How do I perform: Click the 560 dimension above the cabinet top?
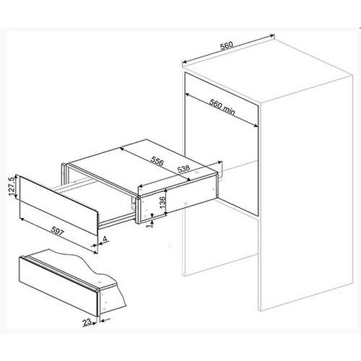click(x=227, y=45)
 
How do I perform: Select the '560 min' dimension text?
click(x=222, y=107)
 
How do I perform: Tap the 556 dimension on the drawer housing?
click(x=157, y=161)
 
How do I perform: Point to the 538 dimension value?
click(x=183, y=169)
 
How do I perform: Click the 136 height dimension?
click(x=162, y=202)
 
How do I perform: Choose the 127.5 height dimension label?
click(x=12, y=187)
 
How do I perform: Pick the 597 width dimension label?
click(x=58, y=231)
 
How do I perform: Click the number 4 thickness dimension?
click(x=105, y=239)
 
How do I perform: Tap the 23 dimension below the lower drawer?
click(x=87, y=322)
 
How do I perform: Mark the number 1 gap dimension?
click(x=149, y=225)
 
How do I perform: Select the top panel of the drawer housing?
click(x=142, y=165)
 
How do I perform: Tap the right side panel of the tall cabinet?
click(x=305, y=193)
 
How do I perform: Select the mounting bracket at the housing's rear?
click(x=219, y=170)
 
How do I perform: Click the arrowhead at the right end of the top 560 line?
click(x=272, y=36)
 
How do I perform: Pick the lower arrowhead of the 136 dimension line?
click(x=166, y=214)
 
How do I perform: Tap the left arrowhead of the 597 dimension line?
click(x=22, y=219)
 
